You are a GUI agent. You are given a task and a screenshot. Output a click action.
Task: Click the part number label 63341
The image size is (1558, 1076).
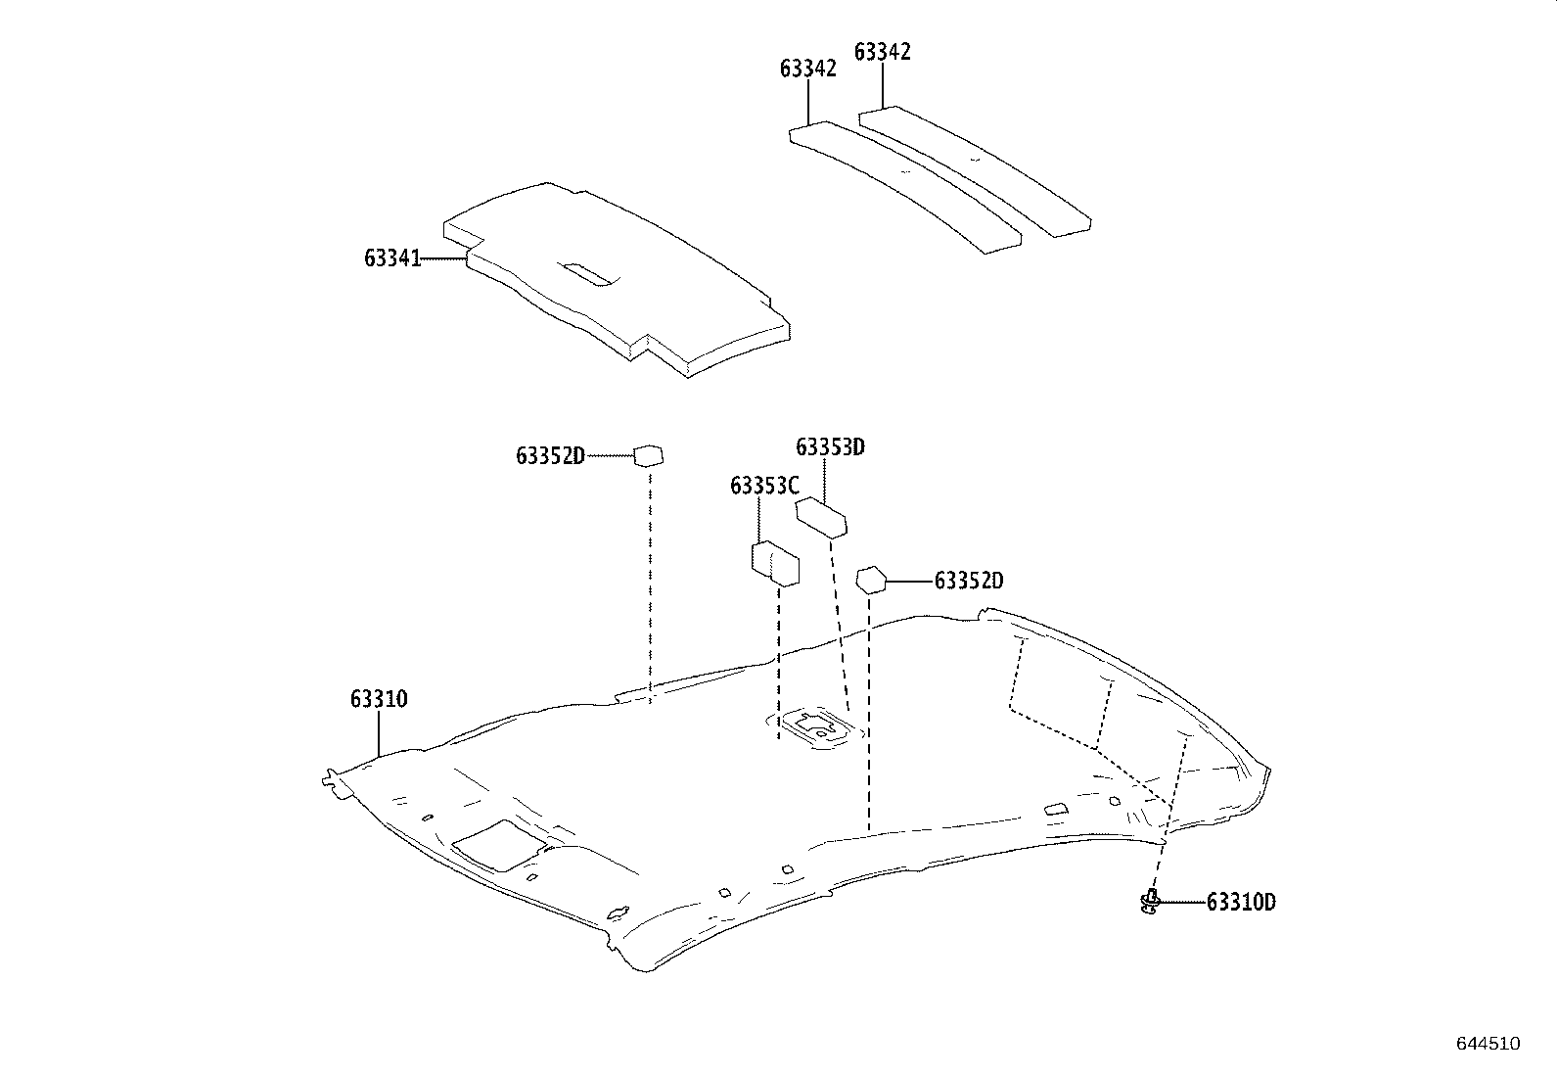(391, 258)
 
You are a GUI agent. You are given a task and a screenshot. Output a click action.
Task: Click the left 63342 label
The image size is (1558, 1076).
(807, 69)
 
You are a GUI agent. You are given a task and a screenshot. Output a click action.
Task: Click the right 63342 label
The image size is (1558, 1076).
(882, 52)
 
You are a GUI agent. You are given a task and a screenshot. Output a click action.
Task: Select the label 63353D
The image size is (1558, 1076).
(830, 447)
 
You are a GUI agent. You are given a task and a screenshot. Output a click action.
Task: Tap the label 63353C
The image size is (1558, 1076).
(764, 486)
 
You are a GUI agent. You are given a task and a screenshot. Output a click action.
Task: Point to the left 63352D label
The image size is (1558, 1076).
(550, 456)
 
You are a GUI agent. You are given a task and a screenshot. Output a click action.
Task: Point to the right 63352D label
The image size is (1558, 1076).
(969, 581)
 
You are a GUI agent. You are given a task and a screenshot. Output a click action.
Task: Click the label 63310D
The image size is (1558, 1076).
(1240, 903)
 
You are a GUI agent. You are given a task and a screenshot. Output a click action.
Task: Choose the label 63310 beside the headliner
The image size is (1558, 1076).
(379, 699)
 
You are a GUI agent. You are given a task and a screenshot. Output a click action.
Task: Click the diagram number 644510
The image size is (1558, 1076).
(1488, 1044)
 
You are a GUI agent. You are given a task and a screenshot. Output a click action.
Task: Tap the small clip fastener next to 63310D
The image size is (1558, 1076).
(1152, 902)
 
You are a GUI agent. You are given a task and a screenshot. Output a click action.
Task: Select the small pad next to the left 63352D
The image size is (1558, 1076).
(649, 455)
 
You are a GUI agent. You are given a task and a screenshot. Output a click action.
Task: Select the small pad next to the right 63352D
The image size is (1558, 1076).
(870, 580)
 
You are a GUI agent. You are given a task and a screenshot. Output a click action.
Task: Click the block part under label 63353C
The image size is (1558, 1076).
(775, 563)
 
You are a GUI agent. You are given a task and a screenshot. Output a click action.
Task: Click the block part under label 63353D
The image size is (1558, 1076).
(822, 516)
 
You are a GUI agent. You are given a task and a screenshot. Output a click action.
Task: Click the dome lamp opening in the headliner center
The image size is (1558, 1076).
(814, 726)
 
